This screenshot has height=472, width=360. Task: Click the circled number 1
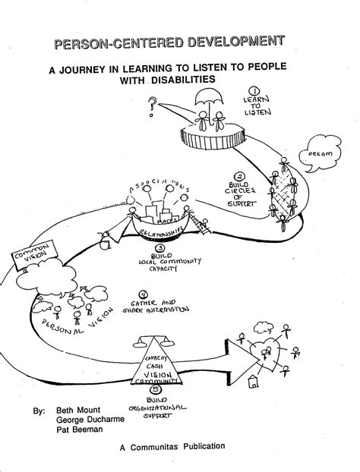(254, 89)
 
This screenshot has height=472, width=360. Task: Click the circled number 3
(159, 247)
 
